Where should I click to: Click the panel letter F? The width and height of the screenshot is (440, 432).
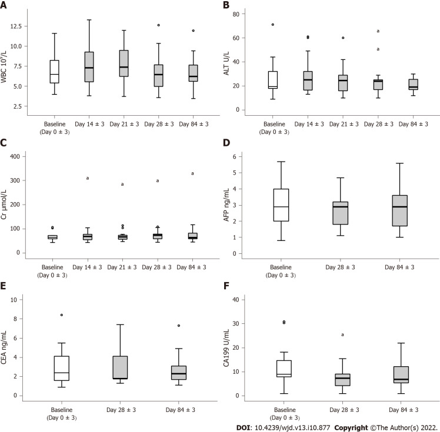point(226,289)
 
